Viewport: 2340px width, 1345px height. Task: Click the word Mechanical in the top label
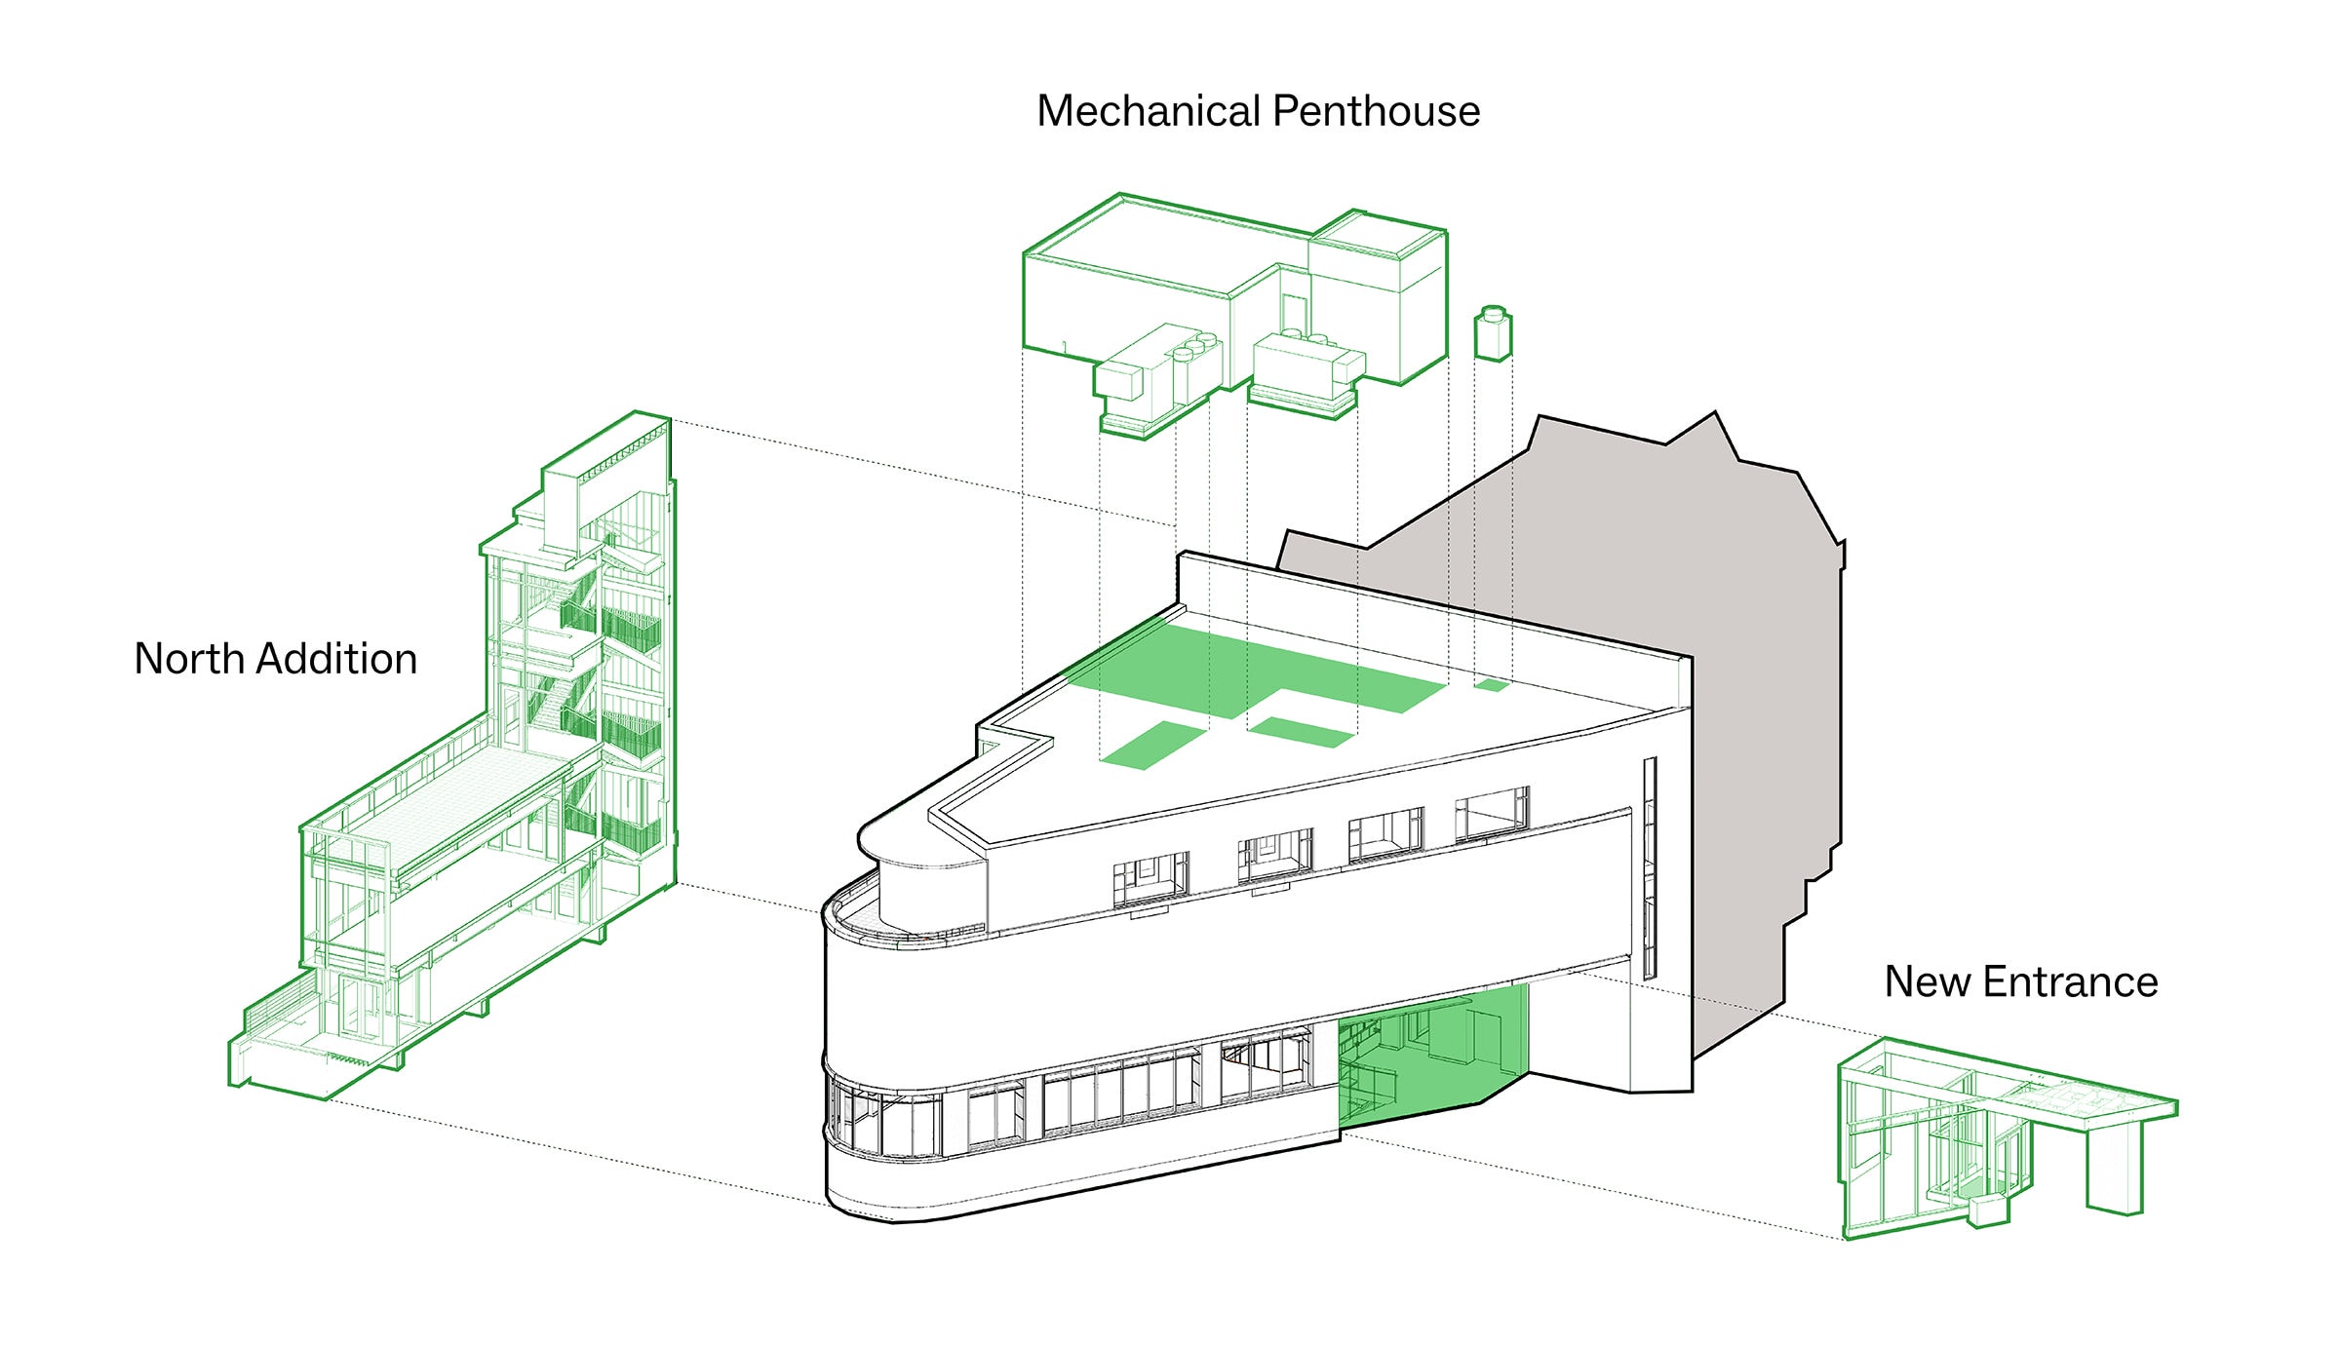click(1147, 111)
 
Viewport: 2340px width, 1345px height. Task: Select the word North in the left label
click(188, 659)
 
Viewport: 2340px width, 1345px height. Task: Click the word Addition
click(336, 659)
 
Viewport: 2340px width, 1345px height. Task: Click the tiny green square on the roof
click(1491, 685)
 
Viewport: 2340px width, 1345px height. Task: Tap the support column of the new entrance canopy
click(2114, 1170)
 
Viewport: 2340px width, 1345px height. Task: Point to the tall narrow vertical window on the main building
click(1650, 867)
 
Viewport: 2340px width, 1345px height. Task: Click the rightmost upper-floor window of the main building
click(1491, 814)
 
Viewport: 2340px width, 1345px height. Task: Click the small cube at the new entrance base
click(1989, 1210)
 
